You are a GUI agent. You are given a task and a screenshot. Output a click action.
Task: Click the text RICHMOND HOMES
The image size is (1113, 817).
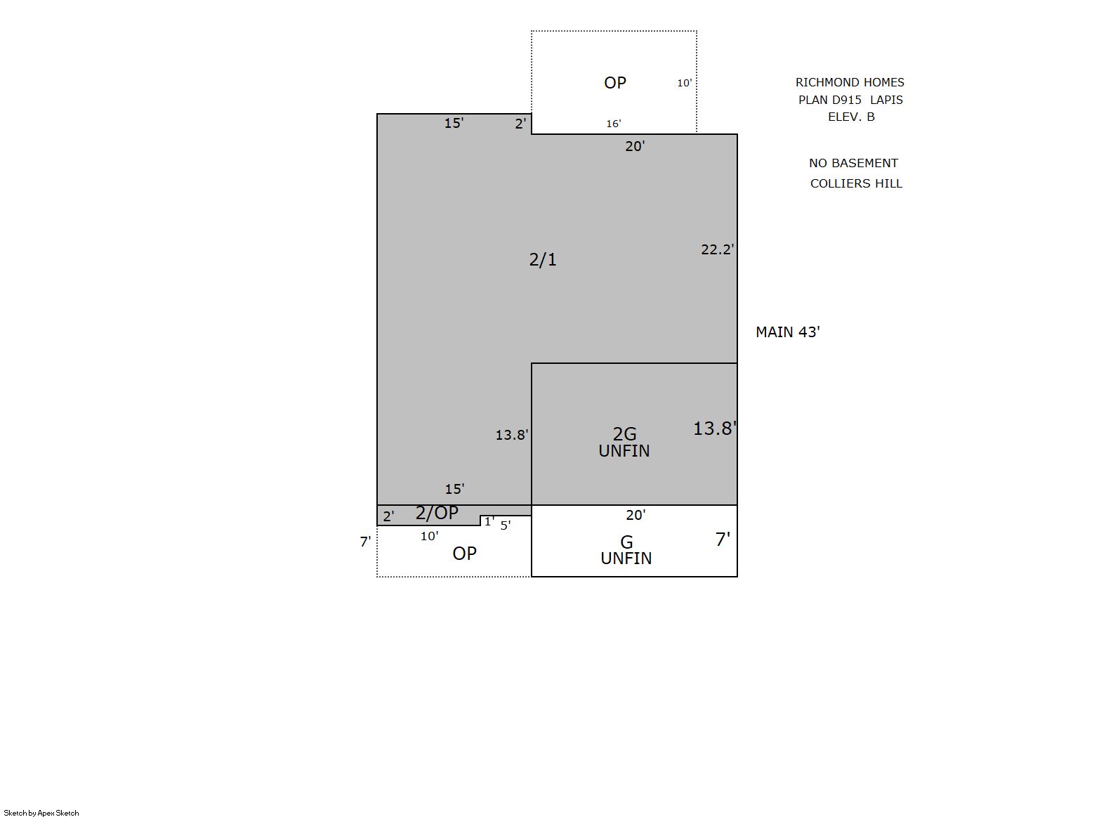click(x=850, y=82)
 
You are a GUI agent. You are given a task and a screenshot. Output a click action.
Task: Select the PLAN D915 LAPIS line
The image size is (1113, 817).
click(x=850, y=100)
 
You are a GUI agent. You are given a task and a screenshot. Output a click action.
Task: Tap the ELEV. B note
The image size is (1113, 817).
click(x=851, y=117)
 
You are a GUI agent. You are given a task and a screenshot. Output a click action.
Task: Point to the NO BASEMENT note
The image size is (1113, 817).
click(x=853, y=163)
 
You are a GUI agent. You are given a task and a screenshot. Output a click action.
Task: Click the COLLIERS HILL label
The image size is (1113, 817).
click(x=856, y=183)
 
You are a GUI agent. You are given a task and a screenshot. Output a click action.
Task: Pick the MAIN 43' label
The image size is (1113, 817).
click(x=788, y=332)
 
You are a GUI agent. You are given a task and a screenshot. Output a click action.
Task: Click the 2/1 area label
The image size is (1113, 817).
click(x=543, y=259)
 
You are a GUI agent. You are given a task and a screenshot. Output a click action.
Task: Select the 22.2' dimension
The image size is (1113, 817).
click(x=718, y=249)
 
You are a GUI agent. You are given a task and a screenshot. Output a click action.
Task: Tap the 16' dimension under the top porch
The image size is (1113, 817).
click(x=614, y=123)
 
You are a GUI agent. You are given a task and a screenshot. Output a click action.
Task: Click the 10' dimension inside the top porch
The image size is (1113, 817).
click(x=684, y=83)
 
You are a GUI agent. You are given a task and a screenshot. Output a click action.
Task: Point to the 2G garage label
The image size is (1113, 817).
click(x=624, y=434)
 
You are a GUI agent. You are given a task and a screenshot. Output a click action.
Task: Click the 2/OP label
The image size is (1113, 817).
click(x=437, y=513)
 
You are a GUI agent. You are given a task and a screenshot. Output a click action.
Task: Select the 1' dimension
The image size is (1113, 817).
click(x=489, y=521)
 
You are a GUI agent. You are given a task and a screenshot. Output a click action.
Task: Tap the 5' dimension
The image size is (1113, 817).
click(x=506, y=525)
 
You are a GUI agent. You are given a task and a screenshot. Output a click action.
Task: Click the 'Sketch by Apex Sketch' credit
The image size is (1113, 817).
click(x=41, y=813)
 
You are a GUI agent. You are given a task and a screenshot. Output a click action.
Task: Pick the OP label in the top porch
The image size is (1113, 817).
click(x=614, y=82)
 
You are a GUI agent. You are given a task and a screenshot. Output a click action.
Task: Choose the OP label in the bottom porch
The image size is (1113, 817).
click(x=464, y=553)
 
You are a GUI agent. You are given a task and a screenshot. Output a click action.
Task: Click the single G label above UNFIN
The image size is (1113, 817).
click(x=626, y=542)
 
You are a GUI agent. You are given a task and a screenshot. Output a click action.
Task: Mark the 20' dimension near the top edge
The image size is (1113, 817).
click(x=635, y=146)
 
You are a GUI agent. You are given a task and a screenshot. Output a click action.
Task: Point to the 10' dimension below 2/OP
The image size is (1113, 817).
click(x=429, y=536)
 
